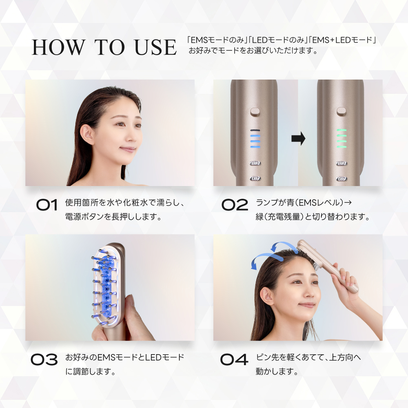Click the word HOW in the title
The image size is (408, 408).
coord(58,47)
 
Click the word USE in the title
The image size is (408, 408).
coord(155,47)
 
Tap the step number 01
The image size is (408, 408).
coord(47,205)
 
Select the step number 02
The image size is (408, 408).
coord(235,205)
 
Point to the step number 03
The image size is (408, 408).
coord(44,359)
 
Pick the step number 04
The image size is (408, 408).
coord(234,359)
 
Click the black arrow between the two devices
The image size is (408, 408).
coord(298,138)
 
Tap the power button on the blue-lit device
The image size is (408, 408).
coord(255,112)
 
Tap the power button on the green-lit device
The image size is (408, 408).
coord(341,111)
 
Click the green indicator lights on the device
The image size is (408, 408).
coord(341,138)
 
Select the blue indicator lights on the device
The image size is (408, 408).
coord(255,141)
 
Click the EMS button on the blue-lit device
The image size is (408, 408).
coord(255,164)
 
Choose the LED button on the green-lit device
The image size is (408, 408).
coord(341,179)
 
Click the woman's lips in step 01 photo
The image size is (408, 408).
coord(127,149)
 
